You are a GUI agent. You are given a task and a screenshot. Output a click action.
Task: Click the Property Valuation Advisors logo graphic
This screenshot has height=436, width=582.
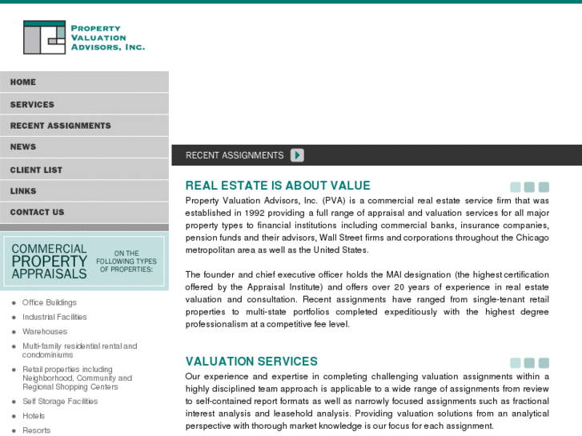click(44, 37)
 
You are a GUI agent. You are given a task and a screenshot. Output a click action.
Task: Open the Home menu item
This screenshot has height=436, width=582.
click(23, 82)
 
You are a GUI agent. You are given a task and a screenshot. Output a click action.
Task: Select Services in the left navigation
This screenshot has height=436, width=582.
click(32, 104)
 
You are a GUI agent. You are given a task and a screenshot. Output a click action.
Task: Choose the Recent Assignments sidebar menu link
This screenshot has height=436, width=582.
click(60, 126)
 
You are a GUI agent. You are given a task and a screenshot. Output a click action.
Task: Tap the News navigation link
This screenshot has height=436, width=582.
click(23, 147)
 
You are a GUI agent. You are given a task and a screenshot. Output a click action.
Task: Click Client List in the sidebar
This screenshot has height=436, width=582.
click(36, 170)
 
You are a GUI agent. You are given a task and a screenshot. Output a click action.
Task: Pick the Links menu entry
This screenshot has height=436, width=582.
click(23, 191)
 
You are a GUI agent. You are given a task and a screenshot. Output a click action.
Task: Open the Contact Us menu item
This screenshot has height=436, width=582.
click(37, 212)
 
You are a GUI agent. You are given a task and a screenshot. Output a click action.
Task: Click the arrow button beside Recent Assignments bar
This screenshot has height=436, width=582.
click(297, 155)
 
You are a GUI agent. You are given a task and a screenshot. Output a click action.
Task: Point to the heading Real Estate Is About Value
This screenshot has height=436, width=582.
click(278, 186)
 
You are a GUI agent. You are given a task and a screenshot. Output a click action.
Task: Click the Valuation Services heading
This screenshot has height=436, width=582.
click(251, 362)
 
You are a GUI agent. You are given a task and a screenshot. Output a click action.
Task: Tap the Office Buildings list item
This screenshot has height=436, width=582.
click(50, 302)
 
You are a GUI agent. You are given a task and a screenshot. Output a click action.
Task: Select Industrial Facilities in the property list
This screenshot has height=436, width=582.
click(54, 317)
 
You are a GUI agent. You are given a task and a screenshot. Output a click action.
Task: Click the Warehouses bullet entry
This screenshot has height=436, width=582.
click(45, 331)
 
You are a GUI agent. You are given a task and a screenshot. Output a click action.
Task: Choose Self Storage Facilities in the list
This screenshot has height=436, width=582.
click(60, 402)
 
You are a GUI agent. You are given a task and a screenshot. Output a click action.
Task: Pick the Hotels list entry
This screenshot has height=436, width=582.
click(34, 416)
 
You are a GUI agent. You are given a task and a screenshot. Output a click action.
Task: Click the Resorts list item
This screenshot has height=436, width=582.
click(36, 430)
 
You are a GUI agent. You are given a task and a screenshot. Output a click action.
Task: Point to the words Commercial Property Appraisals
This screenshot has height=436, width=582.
click(49, 261)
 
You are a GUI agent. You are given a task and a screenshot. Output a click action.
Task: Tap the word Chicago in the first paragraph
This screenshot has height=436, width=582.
click(532, 238)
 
